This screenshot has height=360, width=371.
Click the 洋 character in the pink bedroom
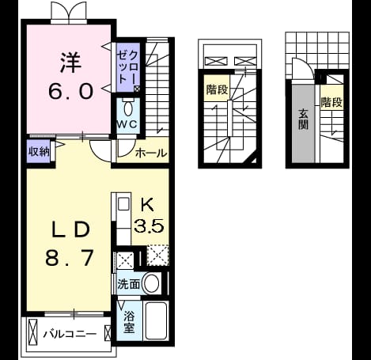[x=71, y=63]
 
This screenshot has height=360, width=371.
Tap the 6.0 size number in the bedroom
[x=71, y=91]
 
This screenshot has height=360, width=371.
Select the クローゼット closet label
[x=127, y=67]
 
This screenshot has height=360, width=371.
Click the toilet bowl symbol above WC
[x=128, y=108]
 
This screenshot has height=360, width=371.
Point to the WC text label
[x=127, y=124]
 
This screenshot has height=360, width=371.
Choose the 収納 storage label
[x=39, y=151]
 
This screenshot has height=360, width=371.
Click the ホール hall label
[x=151, y=153]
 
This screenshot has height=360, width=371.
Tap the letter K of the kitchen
[x=147, y=205]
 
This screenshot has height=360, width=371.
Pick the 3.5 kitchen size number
[x=150, y=225]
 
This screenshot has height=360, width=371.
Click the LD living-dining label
[x=70, y=229]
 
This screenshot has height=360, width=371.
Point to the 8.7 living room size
[x=70, y=258]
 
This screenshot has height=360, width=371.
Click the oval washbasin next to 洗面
[x=152, y=283]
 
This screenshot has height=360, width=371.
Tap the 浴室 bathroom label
[x=129, y=322]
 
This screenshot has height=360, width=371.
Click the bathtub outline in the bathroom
[x=157, y=321]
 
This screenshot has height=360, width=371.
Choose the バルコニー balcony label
[x=70, y=334]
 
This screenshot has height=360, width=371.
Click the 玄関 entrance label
[x=304, y=119]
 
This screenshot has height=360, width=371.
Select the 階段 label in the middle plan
[x=217, y=89]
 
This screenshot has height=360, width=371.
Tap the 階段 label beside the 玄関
[x=331, y=102]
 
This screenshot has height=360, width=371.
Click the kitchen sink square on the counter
[x=123, y=204]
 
